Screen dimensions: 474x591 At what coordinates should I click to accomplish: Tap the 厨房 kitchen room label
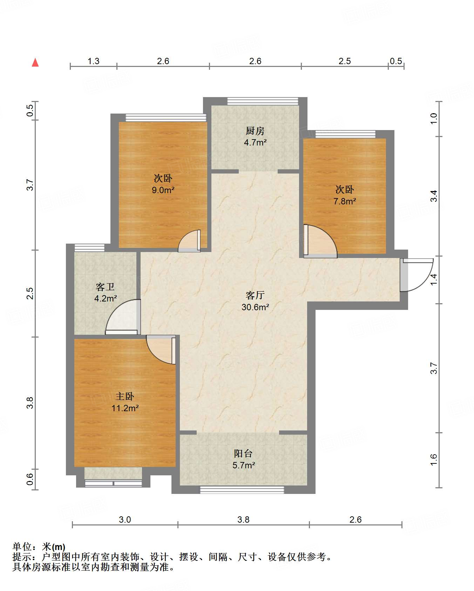pyautogui.click(x=255, y=131)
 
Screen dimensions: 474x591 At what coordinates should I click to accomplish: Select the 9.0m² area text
pyautogui.click(x=163, y=190)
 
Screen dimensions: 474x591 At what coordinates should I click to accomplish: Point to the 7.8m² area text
pyautogui.click(x=345, y=201)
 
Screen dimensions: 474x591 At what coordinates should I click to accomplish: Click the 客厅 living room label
pyautogui.click(x=255, y=295)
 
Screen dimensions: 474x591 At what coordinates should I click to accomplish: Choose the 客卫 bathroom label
pyautogui.click(x=105, y=287)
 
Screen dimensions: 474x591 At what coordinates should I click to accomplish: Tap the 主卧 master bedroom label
pyautogui.click(x=125, y=396)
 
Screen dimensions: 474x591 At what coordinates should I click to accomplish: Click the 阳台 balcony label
pyautogui.click(x=243, y=453)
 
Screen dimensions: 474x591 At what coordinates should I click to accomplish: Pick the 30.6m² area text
pyautogui.click(x=255, y=307)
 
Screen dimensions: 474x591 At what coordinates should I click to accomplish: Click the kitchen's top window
pyautogui.click(x=263, y=101)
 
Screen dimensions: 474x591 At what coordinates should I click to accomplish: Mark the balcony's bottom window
pyautogui.click(x=242, y=490)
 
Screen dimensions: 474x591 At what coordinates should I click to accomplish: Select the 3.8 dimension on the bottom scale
pyautogui.click(x=243, y=519)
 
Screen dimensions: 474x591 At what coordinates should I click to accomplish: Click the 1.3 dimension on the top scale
pyautogui.click(x=93, y=61)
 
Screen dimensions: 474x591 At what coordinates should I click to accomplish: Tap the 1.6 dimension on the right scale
pyautogui.click(x=434, y=460)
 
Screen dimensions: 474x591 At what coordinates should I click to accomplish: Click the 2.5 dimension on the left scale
pyautogui.click(x=30, y=293)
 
